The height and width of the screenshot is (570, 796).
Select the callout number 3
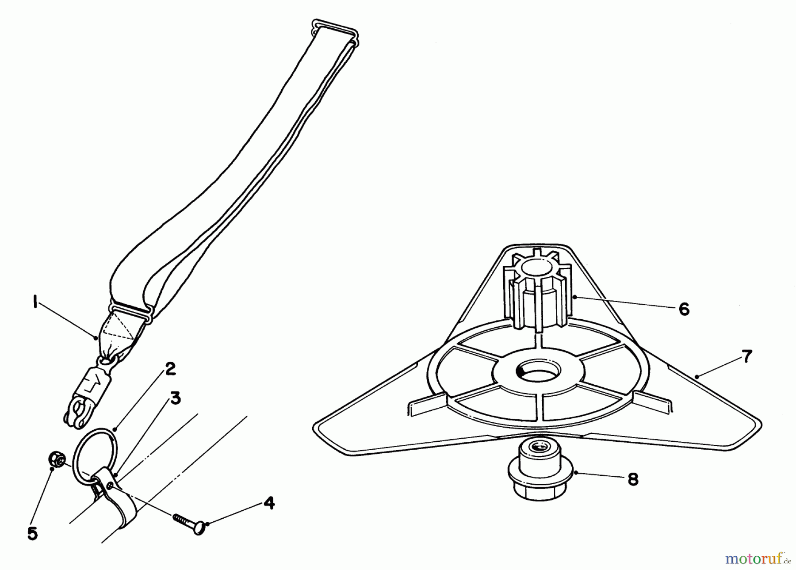tap(176, 398)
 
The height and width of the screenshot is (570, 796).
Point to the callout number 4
tap(268, 503)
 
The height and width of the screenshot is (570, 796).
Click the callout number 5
tap(32, 534)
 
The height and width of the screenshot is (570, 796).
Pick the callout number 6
tap(684, 309)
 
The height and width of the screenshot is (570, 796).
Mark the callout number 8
tap(633, 479)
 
